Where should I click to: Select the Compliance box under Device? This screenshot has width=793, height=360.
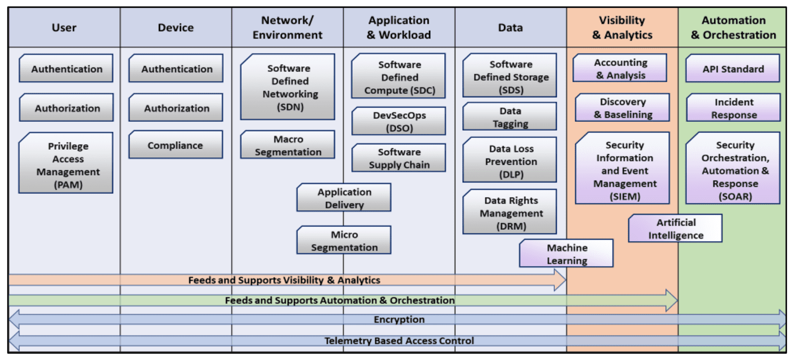coord(176,145)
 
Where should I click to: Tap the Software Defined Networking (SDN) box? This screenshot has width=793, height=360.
coord(288,88)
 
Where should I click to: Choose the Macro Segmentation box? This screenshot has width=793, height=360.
coord(288,145)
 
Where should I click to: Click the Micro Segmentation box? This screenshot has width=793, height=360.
coord(344,241)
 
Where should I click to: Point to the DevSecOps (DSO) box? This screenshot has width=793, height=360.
coord(399,121)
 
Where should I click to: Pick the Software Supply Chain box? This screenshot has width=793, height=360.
coord(399,158)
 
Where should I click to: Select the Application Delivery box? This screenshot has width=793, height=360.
coord(344,198)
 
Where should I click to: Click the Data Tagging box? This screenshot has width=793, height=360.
coord(510,117)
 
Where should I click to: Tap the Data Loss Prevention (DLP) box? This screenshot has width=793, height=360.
coord(510,161)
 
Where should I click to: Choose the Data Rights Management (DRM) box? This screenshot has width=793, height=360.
coord(510,213)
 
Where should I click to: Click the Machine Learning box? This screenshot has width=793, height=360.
coord(566,254)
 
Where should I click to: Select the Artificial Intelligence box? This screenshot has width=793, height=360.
coord(676,228)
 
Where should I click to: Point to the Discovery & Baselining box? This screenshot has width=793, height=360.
coord(623,108)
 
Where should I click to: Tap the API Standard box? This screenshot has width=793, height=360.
coord(733,69)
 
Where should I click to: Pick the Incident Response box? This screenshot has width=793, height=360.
coord(733,108)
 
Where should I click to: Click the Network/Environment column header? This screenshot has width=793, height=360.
coord(288,27)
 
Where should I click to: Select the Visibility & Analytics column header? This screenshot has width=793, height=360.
coord(622,27)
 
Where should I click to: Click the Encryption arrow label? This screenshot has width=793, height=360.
coord(399,319)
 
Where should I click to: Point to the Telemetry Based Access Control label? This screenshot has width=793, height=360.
coord(399,341)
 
